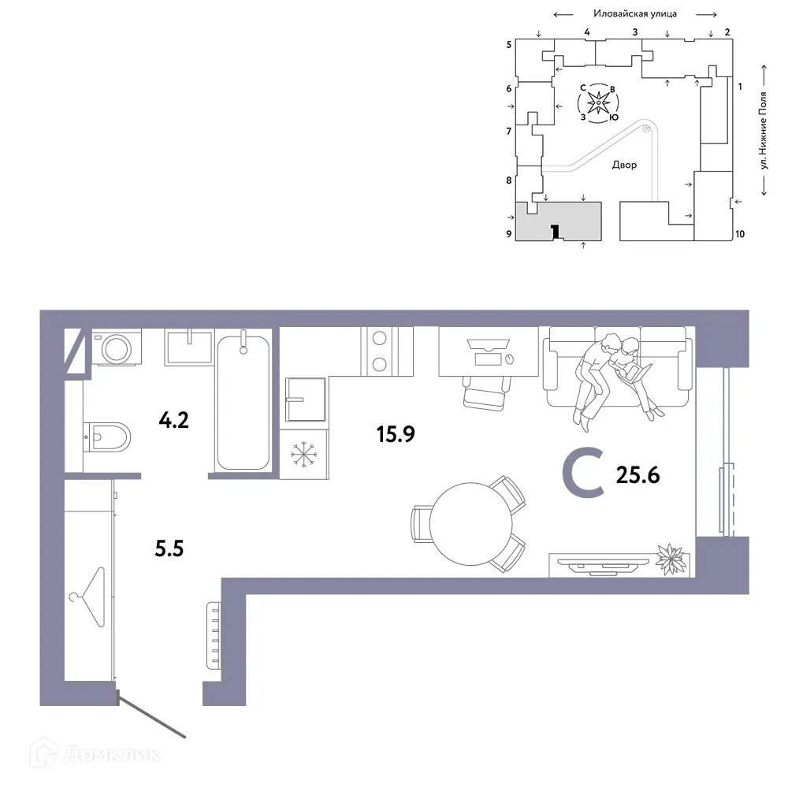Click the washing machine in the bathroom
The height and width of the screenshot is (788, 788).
pos(117,348)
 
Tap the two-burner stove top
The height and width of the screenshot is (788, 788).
pos(379,351)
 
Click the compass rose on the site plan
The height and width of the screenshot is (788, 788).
pos(599,102)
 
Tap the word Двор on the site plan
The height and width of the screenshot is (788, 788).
pos(624,165)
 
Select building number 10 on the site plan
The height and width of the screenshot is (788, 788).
pos(739,234)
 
